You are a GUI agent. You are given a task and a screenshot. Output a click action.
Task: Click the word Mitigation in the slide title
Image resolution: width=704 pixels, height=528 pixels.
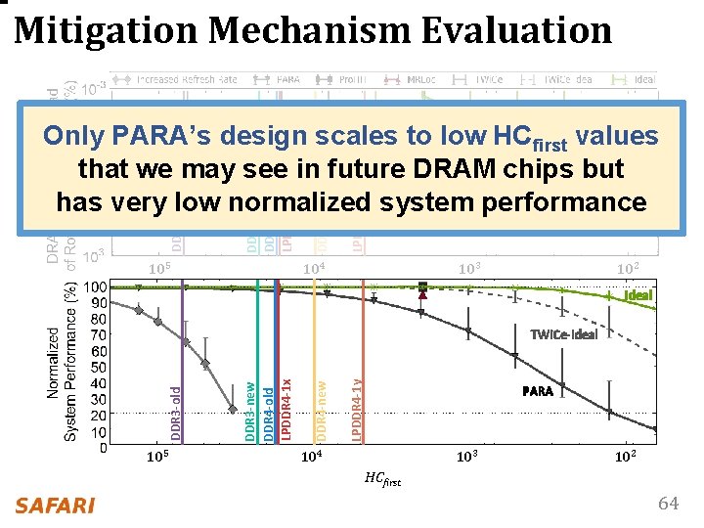pos(109,30)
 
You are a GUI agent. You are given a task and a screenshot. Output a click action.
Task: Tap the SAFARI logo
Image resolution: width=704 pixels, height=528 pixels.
pos(55,506)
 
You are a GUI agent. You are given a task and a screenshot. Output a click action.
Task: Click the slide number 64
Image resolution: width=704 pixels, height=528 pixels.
pos(668,504)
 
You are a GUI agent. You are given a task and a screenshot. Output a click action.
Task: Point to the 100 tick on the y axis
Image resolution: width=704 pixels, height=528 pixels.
pos(96,287)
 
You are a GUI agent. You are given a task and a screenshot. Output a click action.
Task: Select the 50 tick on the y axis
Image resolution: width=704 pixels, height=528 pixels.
pos(99,368)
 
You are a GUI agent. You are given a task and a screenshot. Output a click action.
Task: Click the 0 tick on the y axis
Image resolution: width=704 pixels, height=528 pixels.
pos(103,449)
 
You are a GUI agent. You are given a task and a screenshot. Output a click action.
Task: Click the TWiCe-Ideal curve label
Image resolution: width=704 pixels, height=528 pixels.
pos(562,333)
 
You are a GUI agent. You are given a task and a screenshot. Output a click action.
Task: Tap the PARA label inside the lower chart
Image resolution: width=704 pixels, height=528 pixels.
pos(537,391)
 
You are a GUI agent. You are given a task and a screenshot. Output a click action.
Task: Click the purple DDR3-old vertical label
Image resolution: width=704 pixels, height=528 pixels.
pos(175,411)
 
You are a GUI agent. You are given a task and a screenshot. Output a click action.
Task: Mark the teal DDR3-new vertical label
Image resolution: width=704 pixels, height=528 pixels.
pos(249,411)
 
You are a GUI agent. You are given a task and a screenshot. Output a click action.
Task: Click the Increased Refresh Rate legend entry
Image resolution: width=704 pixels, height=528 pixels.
pos(186,79)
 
